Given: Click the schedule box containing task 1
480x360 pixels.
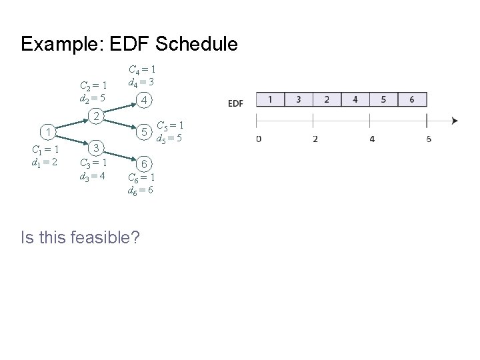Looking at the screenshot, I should [270, 99].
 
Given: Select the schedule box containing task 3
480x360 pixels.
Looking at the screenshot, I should [298, 99].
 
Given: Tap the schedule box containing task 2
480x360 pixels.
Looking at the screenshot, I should [327, 99].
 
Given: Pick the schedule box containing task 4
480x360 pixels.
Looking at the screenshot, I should [355, 99].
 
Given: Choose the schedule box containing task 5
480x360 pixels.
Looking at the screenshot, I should [383, 99].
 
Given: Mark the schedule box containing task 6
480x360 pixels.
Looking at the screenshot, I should [412, 99].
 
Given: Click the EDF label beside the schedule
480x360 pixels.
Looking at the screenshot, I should [236, 103].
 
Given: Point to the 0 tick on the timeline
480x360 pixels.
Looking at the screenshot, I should [258, 139].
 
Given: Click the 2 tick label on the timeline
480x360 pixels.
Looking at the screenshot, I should [315, 139].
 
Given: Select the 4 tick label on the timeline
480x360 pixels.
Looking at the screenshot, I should [371, 139].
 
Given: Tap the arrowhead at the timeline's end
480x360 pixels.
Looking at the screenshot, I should [454, 121].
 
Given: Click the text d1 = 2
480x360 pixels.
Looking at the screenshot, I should [45, 161].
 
